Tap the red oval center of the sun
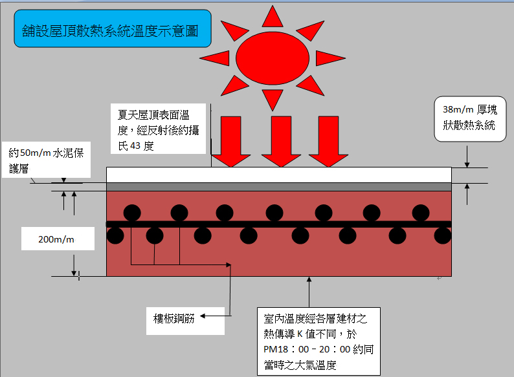(x=273, y=58)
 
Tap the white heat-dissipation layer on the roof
(x=278, y=175)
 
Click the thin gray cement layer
(x=278, y=186)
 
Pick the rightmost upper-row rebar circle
(x=420, y=213)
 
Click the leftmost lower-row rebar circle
(x=115, y=235)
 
